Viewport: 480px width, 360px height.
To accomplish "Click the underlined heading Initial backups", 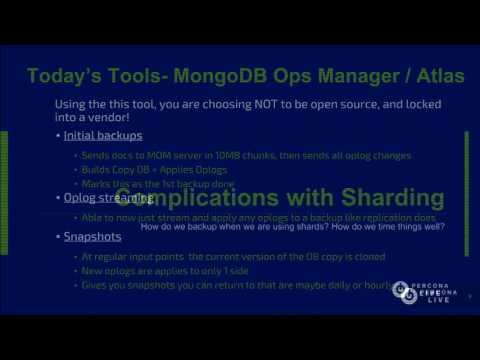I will pyautogui.click(x=103, y=135).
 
